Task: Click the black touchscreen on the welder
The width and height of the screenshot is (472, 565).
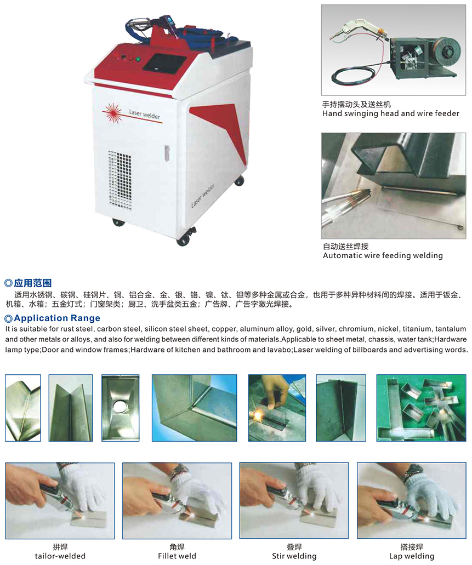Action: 164,63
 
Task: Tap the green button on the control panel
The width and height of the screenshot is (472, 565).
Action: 138,59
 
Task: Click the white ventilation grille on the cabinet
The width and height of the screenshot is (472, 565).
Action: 120,180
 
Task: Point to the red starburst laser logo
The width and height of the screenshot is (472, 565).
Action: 113,113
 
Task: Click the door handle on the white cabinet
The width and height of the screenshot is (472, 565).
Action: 167,153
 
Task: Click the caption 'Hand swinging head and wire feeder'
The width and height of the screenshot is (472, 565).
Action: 391,113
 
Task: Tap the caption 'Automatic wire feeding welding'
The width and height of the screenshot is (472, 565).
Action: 383,255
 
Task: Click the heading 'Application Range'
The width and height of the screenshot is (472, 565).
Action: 57,318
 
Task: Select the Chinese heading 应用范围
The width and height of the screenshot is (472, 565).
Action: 33,283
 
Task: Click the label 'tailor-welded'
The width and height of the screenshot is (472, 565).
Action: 60,556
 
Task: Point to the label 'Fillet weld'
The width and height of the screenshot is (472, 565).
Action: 177,556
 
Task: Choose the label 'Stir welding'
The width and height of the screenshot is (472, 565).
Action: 294,556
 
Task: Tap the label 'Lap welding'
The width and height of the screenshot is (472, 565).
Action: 412,556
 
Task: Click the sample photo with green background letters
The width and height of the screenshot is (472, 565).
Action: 421,408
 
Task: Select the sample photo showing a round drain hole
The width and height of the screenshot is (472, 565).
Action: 121,408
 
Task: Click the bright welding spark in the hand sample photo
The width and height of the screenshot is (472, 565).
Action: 258,415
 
